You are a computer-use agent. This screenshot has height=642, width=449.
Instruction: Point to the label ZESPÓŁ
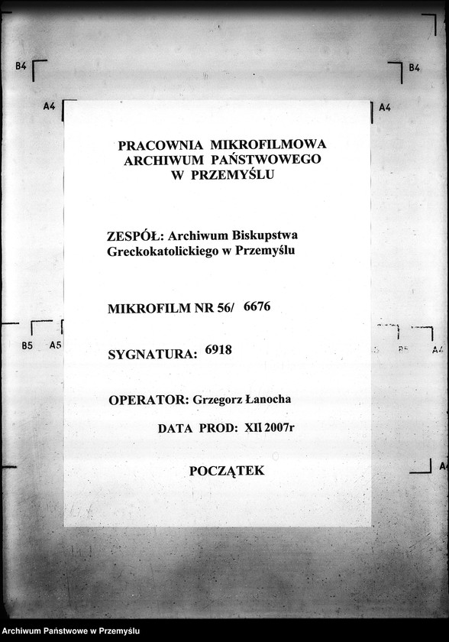(134, 236)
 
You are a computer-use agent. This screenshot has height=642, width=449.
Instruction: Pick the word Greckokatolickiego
(162, 251)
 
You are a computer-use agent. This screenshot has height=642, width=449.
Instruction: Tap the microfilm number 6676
(257, 306)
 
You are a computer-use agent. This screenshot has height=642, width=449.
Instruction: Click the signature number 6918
(218, 350)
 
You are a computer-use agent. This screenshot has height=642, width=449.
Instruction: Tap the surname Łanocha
(267, 400)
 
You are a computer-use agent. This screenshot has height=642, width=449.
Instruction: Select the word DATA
(174, 429)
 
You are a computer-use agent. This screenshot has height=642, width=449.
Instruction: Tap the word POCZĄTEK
(227, 471)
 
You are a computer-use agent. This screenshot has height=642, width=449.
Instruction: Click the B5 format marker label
(27, 345)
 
